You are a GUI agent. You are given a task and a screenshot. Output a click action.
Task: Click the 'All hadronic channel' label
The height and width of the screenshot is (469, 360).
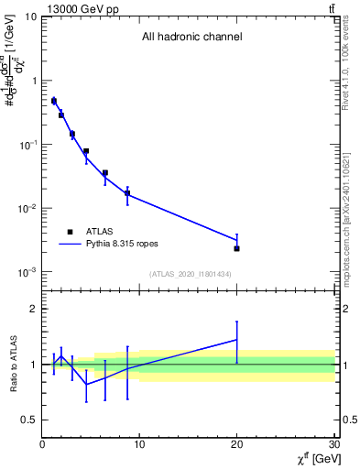click(191, 38)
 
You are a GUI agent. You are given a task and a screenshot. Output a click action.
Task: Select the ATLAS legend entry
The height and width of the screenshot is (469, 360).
click(93, 233)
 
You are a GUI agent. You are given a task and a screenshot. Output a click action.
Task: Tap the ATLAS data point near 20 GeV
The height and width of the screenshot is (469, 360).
click(237, 248)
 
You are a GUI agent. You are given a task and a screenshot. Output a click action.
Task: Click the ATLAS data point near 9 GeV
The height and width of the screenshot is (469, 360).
click(127, 193)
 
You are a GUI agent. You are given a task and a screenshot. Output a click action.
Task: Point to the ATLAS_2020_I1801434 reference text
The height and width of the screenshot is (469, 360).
click(191, 274)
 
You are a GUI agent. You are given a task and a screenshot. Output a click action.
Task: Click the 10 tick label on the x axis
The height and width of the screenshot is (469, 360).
click(139, 445)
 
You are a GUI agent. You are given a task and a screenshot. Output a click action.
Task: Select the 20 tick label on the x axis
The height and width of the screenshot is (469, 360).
click(237, 445)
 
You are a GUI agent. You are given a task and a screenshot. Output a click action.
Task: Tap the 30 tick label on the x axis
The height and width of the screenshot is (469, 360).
click(334, 445)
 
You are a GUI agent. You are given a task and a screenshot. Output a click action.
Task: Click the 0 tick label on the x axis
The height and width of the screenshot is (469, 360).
click(42, 445)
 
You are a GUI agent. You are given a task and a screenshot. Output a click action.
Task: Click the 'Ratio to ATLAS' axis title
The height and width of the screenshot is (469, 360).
click(12, 364)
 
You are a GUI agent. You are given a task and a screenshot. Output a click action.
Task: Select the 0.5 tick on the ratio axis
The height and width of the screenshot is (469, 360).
click(28, 420)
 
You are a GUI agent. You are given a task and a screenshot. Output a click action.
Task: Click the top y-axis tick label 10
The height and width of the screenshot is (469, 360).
click(27, 16)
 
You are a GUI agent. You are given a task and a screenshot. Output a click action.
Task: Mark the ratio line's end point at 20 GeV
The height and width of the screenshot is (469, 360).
click(237, 339)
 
